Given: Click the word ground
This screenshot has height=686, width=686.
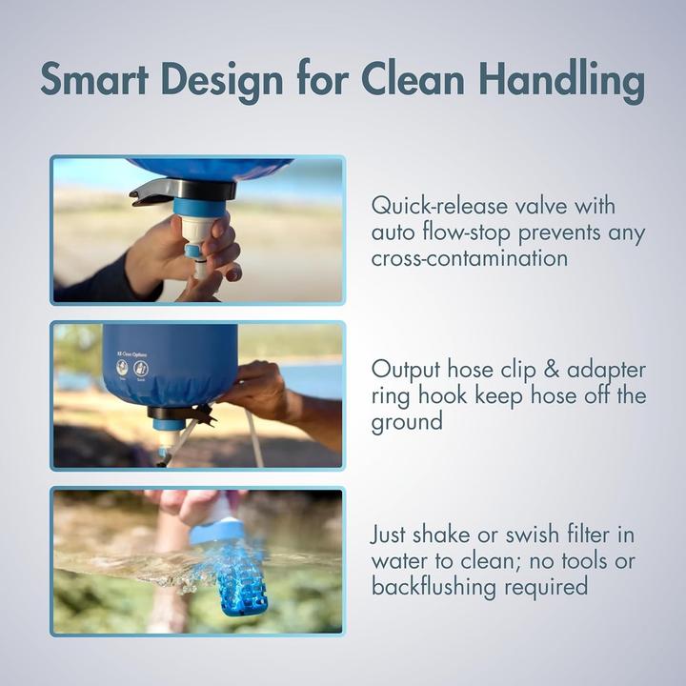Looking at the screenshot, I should tap(407, 421).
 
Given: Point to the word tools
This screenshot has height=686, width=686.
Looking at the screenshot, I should tap(591, 560).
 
